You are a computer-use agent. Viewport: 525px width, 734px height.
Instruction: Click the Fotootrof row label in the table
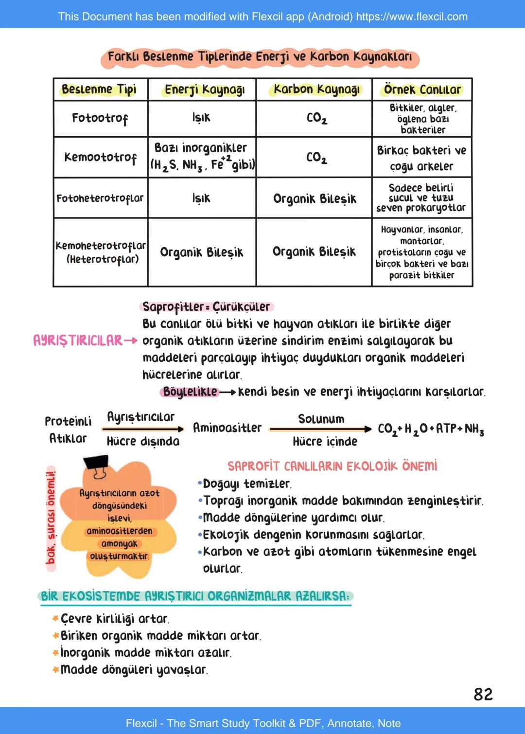pos(100,118)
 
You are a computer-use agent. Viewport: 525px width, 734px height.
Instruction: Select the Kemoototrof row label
pos(100,157)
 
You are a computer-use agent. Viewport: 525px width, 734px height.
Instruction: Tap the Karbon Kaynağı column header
pos(316,90)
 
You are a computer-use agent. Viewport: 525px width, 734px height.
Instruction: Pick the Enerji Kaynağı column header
pos(204,90)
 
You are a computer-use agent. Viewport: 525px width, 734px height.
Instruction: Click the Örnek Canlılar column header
pos(422,90)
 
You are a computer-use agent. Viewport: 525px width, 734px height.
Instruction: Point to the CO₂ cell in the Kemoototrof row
pos(316,157)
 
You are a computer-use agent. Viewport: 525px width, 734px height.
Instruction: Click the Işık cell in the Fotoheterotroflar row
pos(201,198)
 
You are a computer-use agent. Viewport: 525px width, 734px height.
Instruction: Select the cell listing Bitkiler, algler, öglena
pos(422,119)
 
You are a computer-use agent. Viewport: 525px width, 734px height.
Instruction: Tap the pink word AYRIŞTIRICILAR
pos(78,340)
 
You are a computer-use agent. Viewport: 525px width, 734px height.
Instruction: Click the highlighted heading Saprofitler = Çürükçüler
pos(206,307)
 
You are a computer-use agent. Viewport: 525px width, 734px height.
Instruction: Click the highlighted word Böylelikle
pos(190,392)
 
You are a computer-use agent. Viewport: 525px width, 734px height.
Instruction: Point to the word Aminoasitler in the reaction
pos(227,428)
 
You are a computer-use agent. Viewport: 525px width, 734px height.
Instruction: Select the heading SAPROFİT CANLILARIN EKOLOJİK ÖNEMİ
pos(332,466)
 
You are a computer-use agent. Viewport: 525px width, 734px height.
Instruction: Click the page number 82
pos(483,694)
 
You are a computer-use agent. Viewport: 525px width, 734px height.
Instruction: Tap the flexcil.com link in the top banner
pos(412,17)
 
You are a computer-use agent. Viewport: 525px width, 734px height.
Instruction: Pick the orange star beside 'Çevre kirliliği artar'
pos(55,619)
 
